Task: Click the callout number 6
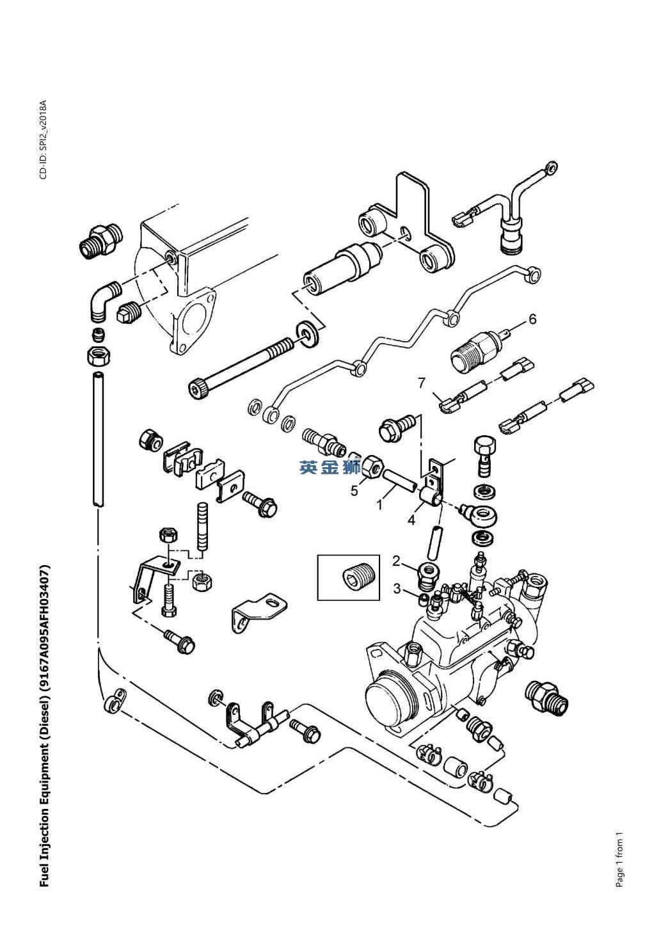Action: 532,319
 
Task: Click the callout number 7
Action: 422,383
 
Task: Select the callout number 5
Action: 354,491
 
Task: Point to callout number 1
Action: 379,505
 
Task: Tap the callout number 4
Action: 411,520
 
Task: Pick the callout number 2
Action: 397,561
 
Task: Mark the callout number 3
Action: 397,588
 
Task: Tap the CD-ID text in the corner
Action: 44,140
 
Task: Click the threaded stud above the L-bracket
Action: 202,526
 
